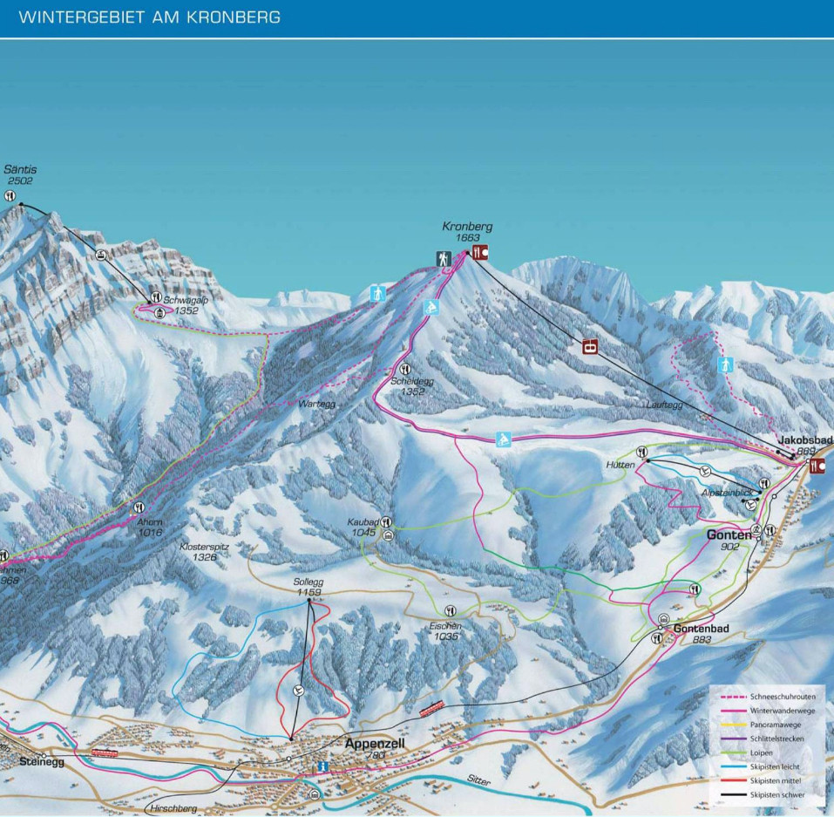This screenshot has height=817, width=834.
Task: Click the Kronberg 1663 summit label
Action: (473, 231)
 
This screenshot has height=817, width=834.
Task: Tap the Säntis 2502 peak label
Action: (20, 174)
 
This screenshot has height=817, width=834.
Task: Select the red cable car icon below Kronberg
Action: (592, 347)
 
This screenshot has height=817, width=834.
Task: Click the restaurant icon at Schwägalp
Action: (156, 298)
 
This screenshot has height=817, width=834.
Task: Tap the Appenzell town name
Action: (376, 745)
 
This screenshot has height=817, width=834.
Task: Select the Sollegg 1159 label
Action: (309, 587)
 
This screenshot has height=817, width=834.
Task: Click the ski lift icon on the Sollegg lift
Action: (299, 691)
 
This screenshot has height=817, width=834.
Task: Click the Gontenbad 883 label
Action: (701, 633)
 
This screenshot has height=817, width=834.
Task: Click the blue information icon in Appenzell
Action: (322, 766)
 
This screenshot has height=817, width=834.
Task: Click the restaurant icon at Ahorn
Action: (138, 507)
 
